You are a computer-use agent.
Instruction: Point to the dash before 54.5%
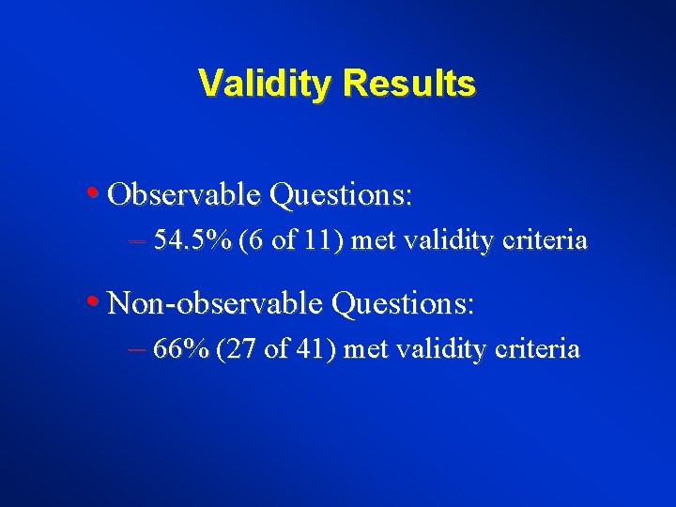(135, 241)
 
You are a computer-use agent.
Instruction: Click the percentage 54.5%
(192, 241)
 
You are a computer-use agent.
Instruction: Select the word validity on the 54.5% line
(449, 241)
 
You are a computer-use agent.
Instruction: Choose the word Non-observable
(217, 304)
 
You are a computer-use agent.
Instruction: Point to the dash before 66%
(135, 350)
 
